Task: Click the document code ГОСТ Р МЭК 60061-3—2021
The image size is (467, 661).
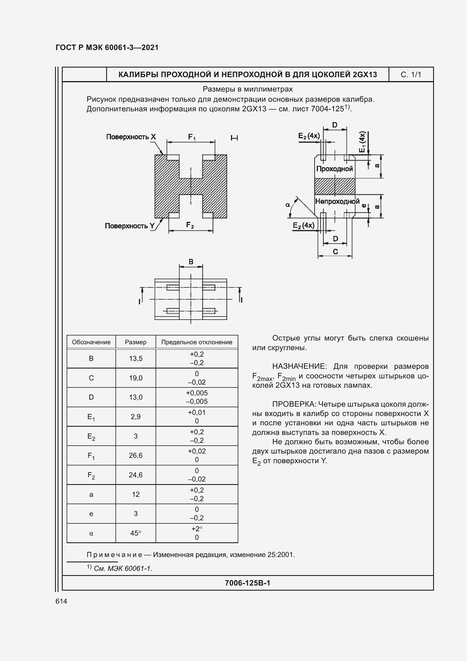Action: tap(107, 47)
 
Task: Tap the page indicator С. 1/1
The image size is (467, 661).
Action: tap(411, 75)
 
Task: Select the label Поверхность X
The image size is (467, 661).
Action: tap(131, 137)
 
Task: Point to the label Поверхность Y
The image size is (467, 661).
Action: tap(130, 226)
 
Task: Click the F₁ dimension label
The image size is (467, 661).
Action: tap(192, 137)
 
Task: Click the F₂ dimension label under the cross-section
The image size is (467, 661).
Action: tap(190, 225)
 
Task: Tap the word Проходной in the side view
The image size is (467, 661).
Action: tap(334, 169)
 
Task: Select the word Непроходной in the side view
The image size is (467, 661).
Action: tap(337, 201)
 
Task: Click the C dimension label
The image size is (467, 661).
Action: tap(335, 252)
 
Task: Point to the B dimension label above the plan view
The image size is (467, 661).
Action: tap(191, 262)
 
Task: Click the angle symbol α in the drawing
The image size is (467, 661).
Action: tap(287, 205)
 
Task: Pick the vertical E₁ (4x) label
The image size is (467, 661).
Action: tap(362, 142)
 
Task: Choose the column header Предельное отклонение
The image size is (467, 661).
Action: tap(197, 342)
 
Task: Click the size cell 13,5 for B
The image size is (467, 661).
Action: tap(136, 358)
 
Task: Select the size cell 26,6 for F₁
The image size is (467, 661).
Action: tap(136, 455)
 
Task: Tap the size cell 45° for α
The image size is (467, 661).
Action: tap(136, 533)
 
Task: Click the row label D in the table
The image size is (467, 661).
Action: tap(91, 397)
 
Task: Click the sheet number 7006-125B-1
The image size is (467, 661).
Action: tap(247, 583)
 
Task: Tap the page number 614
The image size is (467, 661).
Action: tap(61, 601)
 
